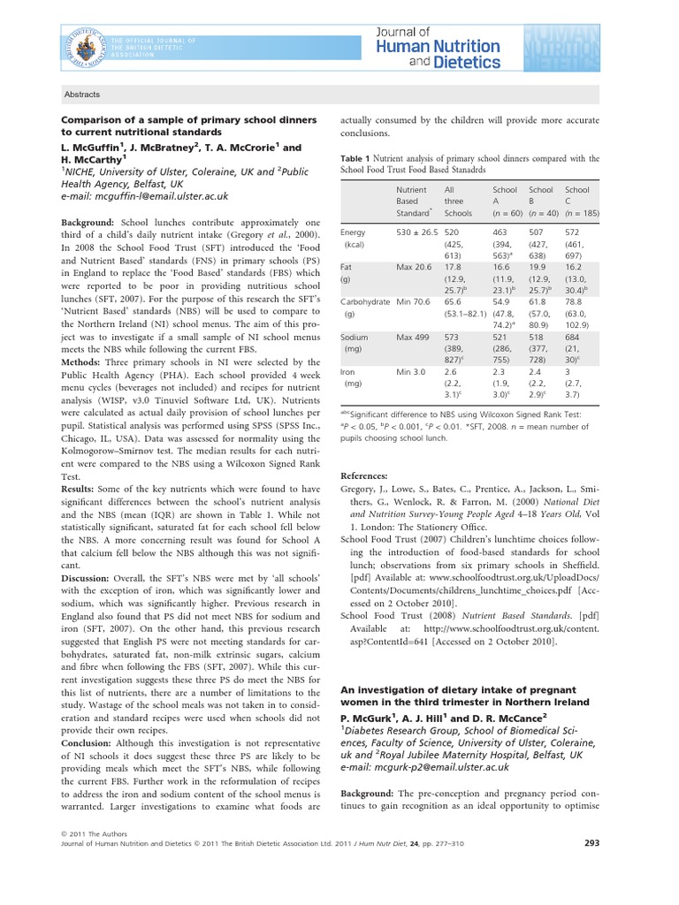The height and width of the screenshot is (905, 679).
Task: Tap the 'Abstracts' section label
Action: coord(83,95)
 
